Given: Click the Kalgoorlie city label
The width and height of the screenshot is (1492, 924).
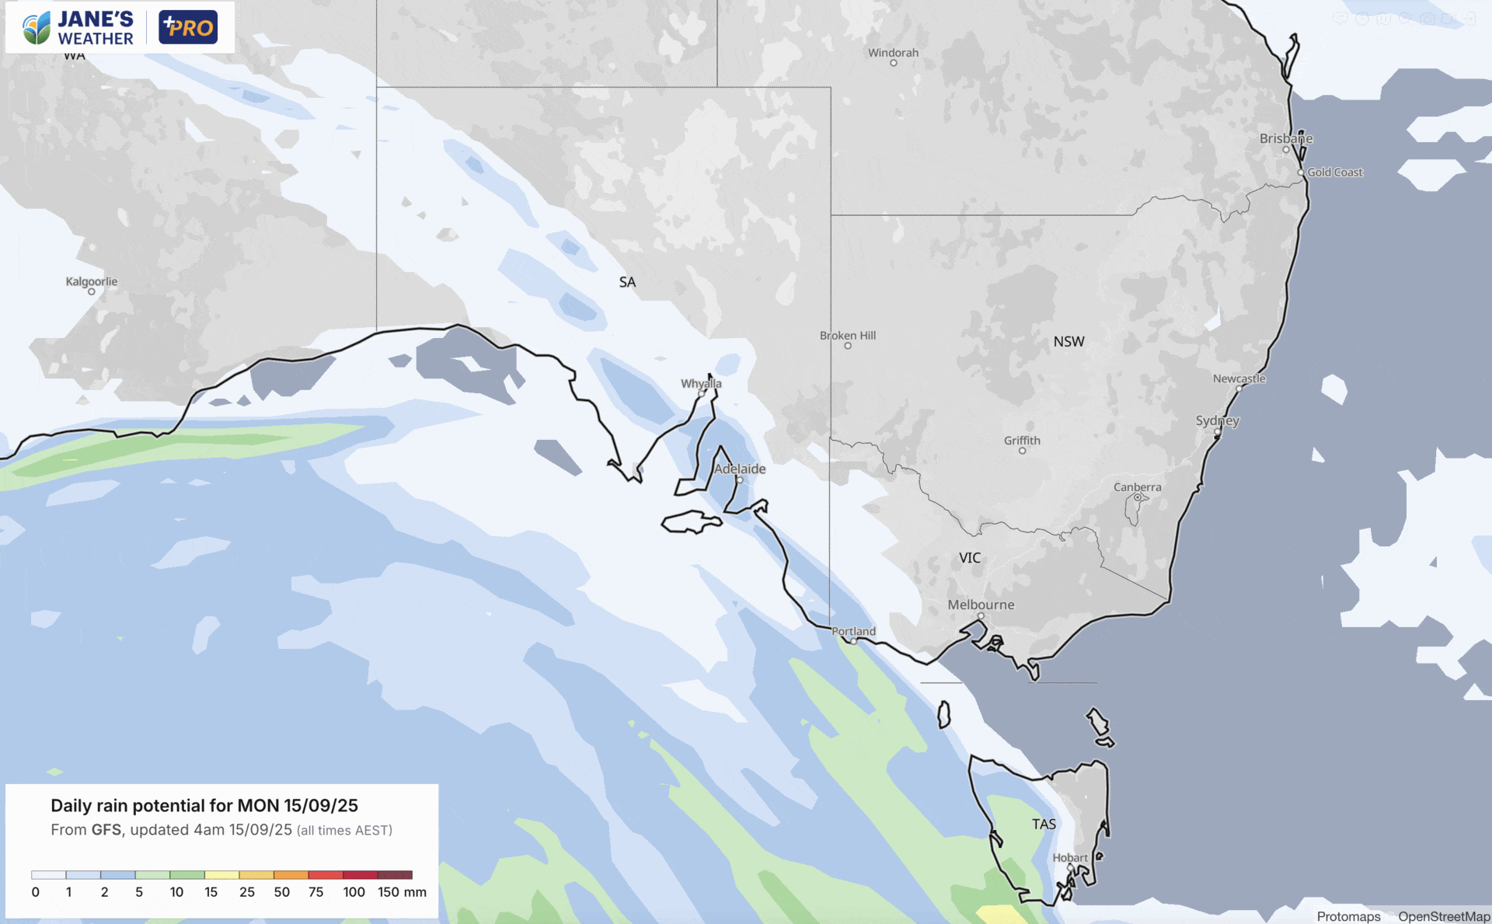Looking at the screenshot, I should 92,281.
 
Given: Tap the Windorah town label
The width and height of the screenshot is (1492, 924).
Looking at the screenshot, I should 893,53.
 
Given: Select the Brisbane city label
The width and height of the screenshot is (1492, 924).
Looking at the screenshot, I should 1286,138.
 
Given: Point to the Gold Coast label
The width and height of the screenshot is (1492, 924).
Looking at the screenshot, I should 1334,173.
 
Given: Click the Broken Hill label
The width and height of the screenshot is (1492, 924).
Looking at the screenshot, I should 848,336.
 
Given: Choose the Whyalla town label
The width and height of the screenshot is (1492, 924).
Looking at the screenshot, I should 701,384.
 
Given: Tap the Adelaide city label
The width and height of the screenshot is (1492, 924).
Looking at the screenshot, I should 740,469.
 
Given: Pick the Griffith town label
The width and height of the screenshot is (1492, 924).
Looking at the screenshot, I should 1022,441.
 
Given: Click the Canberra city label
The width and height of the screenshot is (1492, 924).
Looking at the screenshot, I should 1137,487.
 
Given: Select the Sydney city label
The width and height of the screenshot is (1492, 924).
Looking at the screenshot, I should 1217,420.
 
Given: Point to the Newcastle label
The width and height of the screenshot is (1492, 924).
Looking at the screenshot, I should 1239,378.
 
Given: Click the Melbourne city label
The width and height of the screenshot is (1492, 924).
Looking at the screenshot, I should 981,605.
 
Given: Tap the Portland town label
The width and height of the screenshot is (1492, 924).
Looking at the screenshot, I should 853,631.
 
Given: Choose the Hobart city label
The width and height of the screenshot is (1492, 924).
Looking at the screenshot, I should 1070,857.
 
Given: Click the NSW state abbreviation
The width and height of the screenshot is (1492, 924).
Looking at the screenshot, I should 1068,342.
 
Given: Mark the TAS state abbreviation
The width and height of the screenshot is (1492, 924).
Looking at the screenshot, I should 1044,824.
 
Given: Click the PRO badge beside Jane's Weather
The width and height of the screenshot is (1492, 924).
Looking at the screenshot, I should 188,27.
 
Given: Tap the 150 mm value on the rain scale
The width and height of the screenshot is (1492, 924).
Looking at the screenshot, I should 402,892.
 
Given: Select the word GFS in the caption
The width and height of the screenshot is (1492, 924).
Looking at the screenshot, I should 106,830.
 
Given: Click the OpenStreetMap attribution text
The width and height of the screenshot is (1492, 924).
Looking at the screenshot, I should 1443,916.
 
